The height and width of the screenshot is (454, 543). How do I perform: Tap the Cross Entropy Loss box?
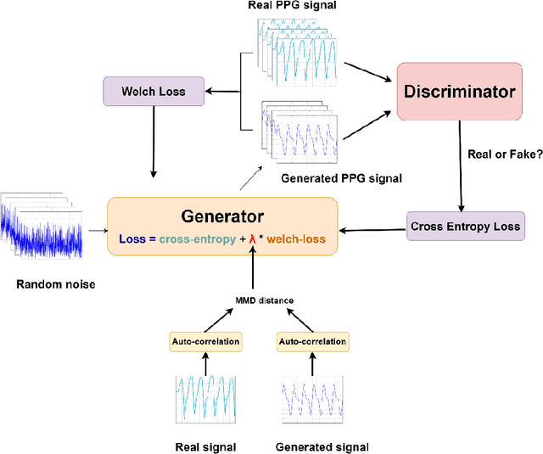pyautogui.click(x=465, y=227)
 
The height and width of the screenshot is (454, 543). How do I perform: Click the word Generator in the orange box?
pyautogui.click(x=221, y=216)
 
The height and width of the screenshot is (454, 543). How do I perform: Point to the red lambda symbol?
pyautogui.click(x=252, y=239)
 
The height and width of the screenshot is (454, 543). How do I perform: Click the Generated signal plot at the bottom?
pyautogui.click(x=312, y=399)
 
